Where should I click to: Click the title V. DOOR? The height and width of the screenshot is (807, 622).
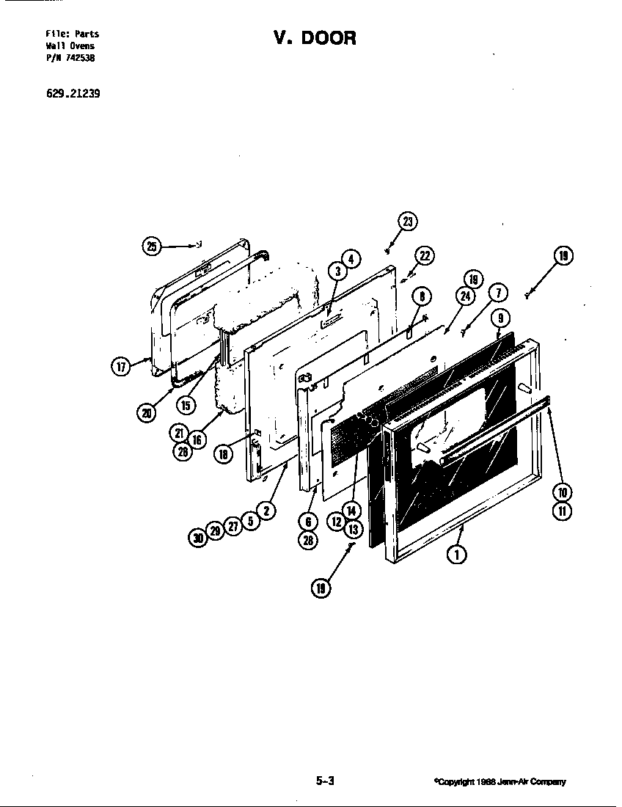[315, 38]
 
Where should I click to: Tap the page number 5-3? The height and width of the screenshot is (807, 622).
[325, 781]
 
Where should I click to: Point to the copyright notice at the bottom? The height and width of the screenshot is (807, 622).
[500, 782]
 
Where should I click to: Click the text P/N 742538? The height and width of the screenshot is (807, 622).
[70, 58]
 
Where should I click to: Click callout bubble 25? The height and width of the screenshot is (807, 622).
[152, 247]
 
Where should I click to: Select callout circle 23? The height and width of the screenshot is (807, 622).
[408, 222]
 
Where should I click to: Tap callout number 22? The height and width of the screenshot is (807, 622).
[424, 255]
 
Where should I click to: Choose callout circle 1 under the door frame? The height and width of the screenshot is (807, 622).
[457, 555]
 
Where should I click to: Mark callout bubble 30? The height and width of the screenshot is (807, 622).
[197, 538]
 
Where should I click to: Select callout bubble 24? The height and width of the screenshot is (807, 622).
[464, 296]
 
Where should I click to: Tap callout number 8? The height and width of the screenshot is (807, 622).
[421, 296]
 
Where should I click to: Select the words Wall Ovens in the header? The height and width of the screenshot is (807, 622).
[70, 46]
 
